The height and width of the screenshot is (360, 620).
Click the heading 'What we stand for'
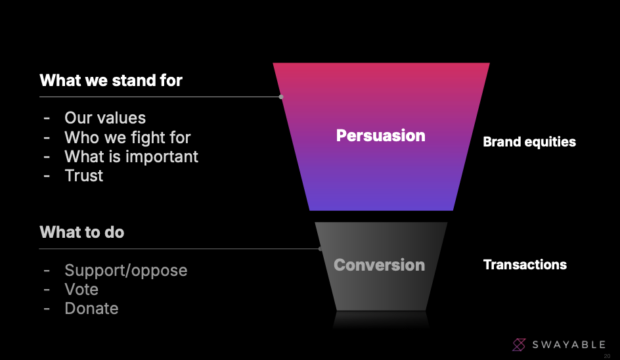pos(111,80)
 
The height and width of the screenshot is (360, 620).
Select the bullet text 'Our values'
pos(105,118)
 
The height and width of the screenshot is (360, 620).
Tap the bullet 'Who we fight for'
pos(127,138)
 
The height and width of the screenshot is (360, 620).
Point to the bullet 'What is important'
pos(131,156)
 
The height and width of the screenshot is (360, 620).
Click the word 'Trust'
pos(84,175)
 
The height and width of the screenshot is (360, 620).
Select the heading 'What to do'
pos(82,232)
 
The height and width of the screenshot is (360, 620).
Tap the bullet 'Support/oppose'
pos(125,271)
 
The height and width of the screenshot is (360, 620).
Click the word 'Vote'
pos(81,289)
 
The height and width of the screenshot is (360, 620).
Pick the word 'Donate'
pos(91,308)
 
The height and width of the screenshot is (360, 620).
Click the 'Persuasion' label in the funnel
pos(381,136)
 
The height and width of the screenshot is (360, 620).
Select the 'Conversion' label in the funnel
pos(379,265)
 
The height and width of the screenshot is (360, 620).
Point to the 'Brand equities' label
pos(529,142)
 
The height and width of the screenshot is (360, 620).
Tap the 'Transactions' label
pos(525,264)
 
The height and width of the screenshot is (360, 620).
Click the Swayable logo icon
pos(519,345)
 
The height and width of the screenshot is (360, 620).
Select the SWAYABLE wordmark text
pos(569,345)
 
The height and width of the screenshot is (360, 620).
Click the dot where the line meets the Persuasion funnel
pos(281,97)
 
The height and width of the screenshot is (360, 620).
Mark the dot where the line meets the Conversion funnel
pos(321,249)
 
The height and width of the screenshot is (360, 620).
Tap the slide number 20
pos(607,356)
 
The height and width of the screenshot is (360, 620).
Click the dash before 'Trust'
pos(47,176)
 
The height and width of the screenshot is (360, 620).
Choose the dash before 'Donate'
pos(47,309)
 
